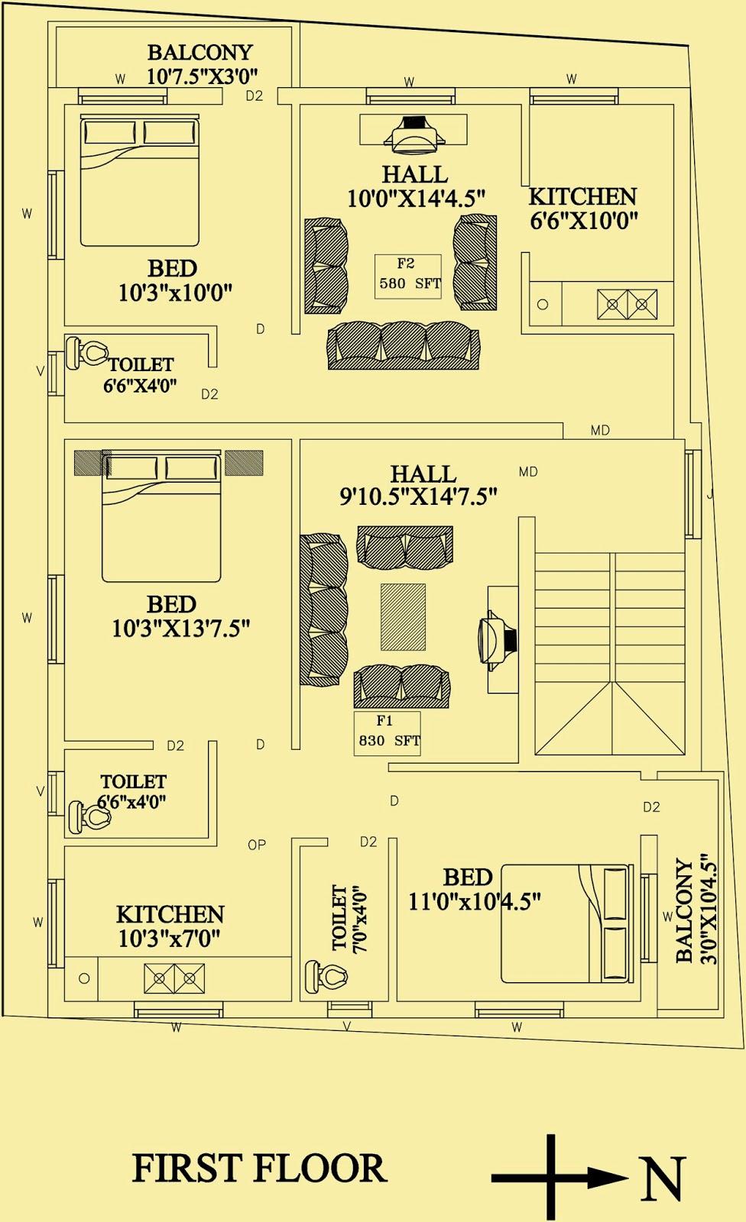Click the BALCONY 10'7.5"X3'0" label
(201, 64)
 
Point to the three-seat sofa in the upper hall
(404, 345)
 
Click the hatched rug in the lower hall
(403, 617)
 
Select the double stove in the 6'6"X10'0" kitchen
(627, 304)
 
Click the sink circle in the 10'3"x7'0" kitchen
(84, 978)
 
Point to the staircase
(610, 653)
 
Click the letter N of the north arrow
(661, 1179)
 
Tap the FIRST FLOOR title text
(260, 1169)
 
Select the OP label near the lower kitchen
(257, 845)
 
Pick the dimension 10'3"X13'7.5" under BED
(181, 629)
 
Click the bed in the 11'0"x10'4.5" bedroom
(566, 923)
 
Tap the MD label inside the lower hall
(528, 472)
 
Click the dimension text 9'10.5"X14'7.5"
(418, 496)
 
